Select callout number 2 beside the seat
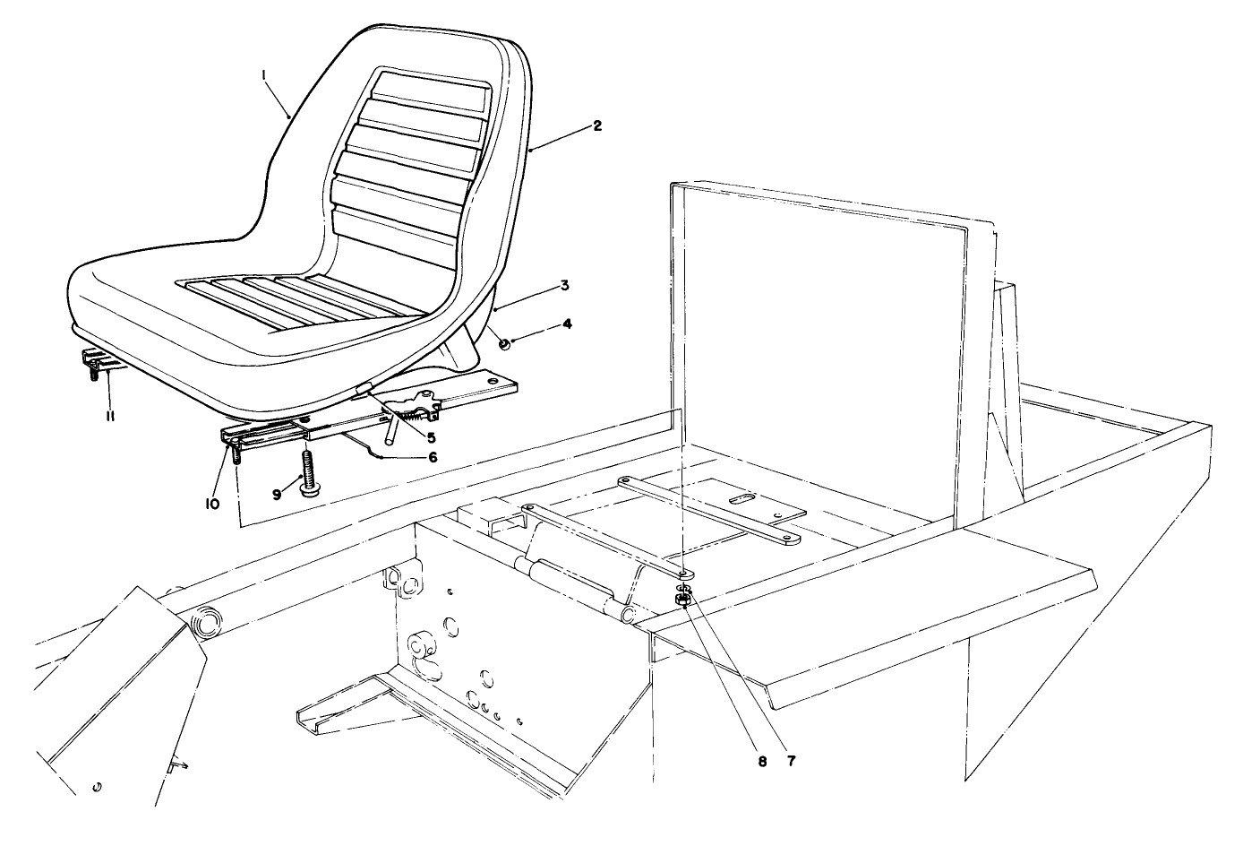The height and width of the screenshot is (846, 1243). [597, 125]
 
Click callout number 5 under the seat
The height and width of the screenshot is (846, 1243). [431, 438]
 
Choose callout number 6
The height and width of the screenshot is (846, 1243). [433, 456]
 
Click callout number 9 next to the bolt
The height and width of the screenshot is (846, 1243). [278, 493]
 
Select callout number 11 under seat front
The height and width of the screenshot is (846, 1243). [107, 416]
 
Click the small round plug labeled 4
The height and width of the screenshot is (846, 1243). [504, 342]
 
